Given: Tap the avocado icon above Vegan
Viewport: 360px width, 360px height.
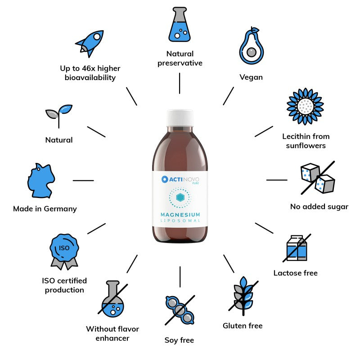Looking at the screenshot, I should (x=251, y=46).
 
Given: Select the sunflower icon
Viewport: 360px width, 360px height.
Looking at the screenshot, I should (x=306, y=106).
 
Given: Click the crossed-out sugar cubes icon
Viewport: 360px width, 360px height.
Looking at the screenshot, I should (x=318, y=178).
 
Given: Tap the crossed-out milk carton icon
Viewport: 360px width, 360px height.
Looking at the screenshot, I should (x=297, y=247).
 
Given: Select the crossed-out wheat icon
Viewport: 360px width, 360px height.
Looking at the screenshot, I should (x=243, y=295).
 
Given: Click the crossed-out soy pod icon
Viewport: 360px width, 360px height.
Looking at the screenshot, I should (x=180, y=310).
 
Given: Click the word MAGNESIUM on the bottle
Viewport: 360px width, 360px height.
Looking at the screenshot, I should (x=180, y=215).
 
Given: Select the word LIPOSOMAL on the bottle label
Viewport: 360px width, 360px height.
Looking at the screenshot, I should (x=180, y=221).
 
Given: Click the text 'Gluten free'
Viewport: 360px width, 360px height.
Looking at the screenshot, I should (x=243, y=325).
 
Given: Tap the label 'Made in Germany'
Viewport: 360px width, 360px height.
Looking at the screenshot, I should (x=45, y=209).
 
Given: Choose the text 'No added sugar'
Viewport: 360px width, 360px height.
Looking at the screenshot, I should (x=319, y=207).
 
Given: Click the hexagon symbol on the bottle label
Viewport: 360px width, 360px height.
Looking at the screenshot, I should (x=180, y=197).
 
